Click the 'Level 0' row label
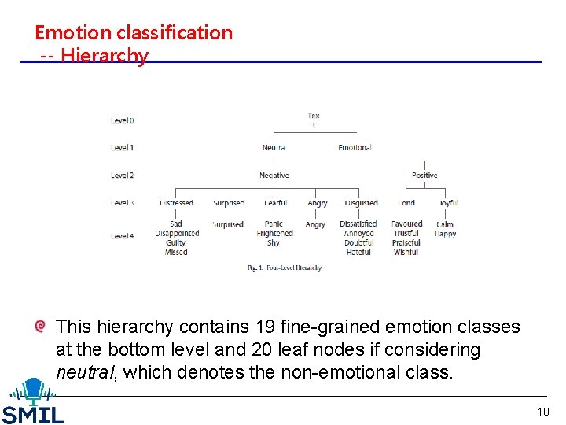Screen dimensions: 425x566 point(122,120)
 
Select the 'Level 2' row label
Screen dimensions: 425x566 point(122,176)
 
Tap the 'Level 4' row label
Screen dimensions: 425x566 point(122,235)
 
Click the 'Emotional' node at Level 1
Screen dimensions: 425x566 point(355,148)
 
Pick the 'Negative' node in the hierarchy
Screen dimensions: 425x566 point(274,176)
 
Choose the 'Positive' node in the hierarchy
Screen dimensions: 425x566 point(424,176)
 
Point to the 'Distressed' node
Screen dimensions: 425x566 point(176,203)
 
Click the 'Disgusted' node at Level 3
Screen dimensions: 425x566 point(361,203)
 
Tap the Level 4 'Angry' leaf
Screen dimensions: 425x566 point(315,224)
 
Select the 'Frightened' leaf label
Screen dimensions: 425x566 point(274,234)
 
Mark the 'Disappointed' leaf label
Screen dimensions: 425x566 point(177,234)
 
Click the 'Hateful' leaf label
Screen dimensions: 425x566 point(358,253)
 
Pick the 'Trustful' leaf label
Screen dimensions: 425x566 point(406,234)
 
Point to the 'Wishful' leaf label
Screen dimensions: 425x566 point(406,253)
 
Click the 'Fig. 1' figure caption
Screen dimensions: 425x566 point(285,268)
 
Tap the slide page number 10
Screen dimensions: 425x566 point(543,412)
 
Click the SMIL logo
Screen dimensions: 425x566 point(33,402)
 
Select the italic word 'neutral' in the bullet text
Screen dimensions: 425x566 point(84,372)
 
